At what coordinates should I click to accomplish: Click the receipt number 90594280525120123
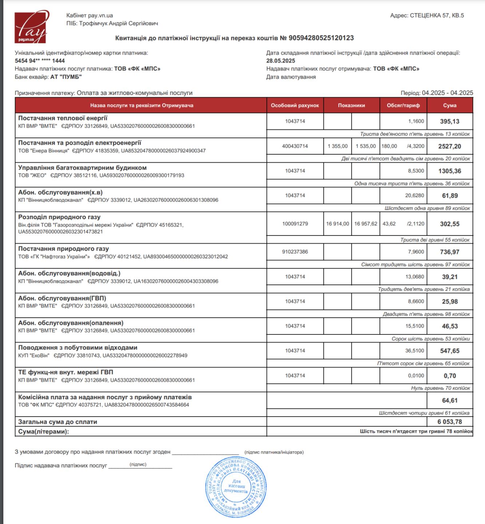321,38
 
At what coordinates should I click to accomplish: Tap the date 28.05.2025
281,61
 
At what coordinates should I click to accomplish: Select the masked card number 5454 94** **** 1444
40,61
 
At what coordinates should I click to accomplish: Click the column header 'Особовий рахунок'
295,106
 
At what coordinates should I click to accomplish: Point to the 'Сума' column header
450,106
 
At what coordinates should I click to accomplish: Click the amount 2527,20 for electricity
450,146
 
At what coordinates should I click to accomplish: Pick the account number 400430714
295,146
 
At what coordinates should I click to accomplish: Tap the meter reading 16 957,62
366,224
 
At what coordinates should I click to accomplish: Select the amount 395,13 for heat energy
450,122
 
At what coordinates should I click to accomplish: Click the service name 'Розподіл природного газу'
59,217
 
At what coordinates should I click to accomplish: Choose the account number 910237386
295,252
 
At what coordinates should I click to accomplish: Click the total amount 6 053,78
450,422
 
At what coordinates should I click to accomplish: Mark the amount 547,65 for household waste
450,351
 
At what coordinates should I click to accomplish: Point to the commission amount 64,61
450,400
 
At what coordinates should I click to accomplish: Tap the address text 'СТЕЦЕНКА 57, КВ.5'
437,16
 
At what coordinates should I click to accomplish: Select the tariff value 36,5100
415,351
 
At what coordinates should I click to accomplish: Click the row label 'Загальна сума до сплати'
58,422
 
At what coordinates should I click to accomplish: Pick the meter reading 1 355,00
338,146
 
